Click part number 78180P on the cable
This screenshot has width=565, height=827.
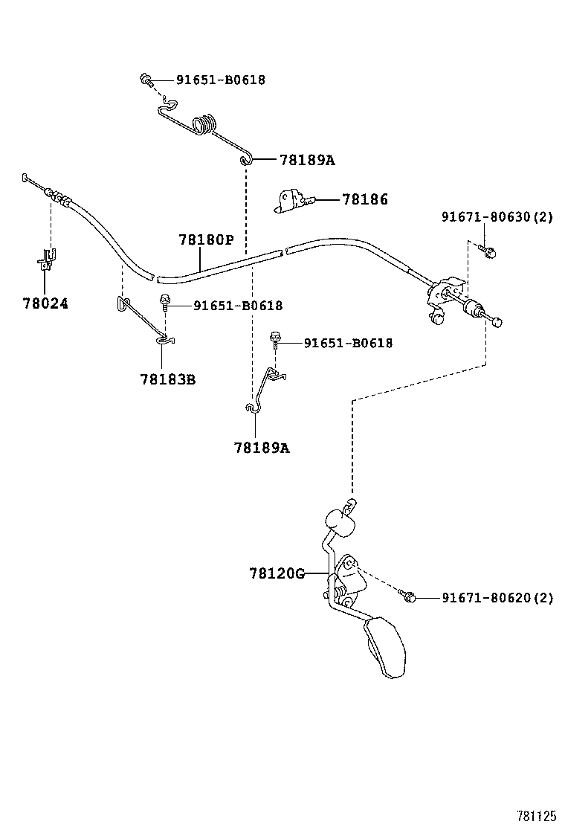pos(206,240)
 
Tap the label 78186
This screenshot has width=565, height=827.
pos(364,199)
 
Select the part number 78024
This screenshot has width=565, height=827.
pos(45,303)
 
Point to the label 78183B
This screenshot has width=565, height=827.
pos(167,379)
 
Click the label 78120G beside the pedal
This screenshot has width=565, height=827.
pos(277,573)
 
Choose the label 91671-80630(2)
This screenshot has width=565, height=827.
pos(497,217)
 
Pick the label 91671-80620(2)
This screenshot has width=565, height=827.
pos(497,597)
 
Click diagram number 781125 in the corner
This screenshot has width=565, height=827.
pos(537,815)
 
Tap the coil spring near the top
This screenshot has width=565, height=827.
pos(206,123)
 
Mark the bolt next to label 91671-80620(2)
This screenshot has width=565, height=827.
pos(407,595)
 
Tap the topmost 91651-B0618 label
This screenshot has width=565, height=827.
pos(220,80)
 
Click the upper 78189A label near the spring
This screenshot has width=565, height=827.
pos(307,159)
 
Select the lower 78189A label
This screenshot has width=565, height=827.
pos(261,448)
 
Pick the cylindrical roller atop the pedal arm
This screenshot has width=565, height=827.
pos(338,523)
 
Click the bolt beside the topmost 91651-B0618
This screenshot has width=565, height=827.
pos(146,79)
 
